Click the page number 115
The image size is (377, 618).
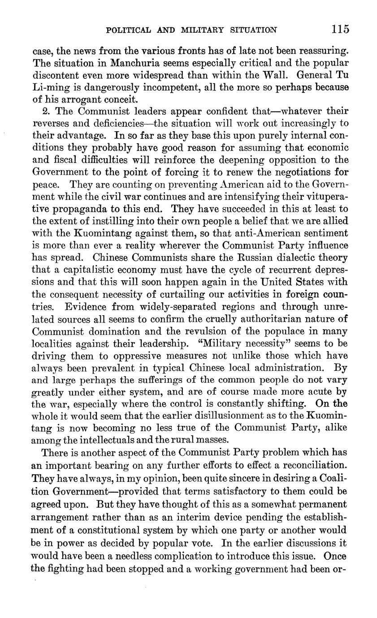click(340, 30)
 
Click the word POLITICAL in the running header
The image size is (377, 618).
click(126, 30)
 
